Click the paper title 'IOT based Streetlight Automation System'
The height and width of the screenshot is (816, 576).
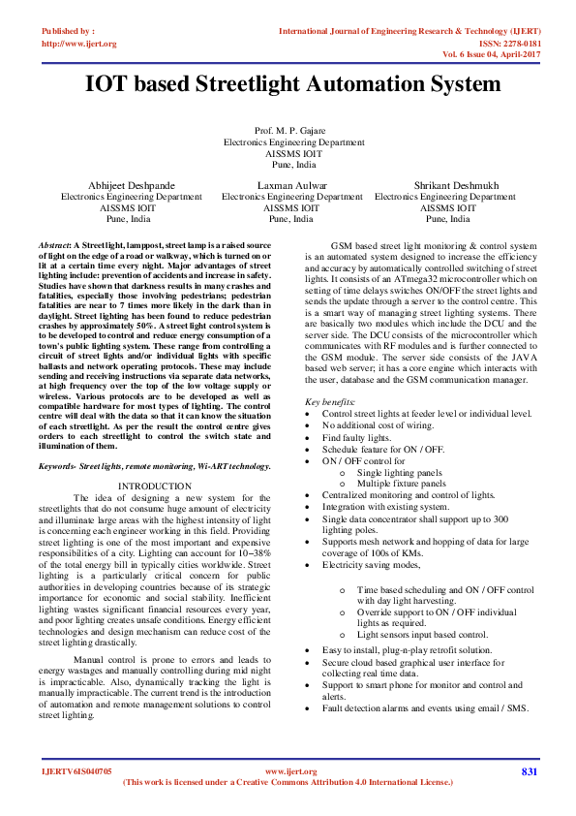[x=292, y=84]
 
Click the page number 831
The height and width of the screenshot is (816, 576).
[x=529, y=771]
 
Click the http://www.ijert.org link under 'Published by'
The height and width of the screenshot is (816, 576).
[x=79, y=44]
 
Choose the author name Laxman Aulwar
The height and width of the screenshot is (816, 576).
[x=291, y=184]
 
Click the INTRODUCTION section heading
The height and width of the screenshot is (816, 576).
[x=154, y=485]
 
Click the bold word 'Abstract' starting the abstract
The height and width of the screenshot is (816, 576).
[x=56, y=247]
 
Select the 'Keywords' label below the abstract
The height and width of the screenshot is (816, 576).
[x=58, y=466]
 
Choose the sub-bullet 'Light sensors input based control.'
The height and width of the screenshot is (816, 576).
[x=422, y=635]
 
